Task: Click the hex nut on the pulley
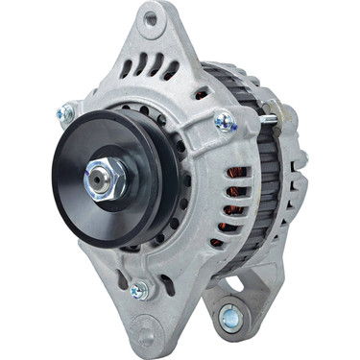point(104,177)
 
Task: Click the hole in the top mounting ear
point(149,17)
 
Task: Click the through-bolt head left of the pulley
point(65,113)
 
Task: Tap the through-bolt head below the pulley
point(138,288)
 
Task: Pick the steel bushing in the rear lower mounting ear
point(229,315)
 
